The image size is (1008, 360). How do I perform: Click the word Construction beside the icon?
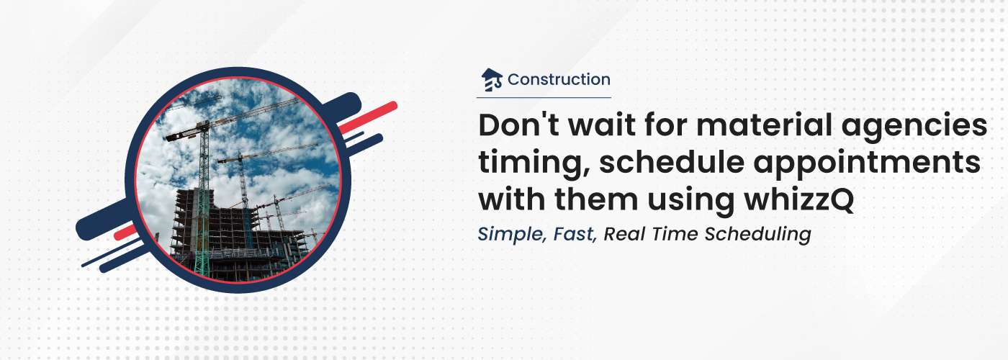[559, 80]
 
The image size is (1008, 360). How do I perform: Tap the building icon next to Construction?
[491, 80]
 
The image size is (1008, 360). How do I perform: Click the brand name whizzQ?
[798, 200]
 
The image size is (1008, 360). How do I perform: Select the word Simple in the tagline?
[510, 235]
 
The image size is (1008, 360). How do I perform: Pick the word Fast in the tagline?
[575, 234]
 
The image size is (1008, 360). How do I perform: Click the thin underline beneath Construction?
[544, 97]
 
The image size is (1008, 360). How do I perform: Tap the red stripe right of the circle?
[367, 117]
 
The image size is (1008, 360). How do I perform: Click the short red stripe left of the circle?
[125, 232]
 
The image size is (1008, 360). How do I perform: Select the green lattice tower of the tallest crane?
[203, 198]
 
